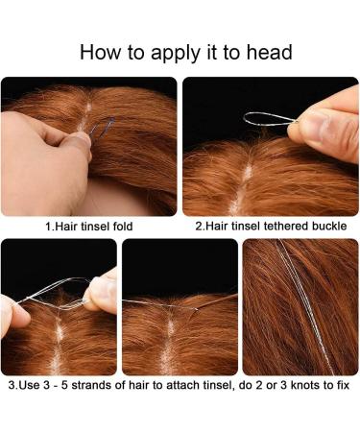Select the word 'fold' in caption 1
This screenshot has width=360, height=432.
tap(123, 227)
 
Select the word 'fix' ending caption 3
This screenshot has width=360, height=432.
tap(343, 385)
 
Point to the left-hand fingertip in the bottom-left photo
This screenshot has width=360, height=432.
tap(16, 315)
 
